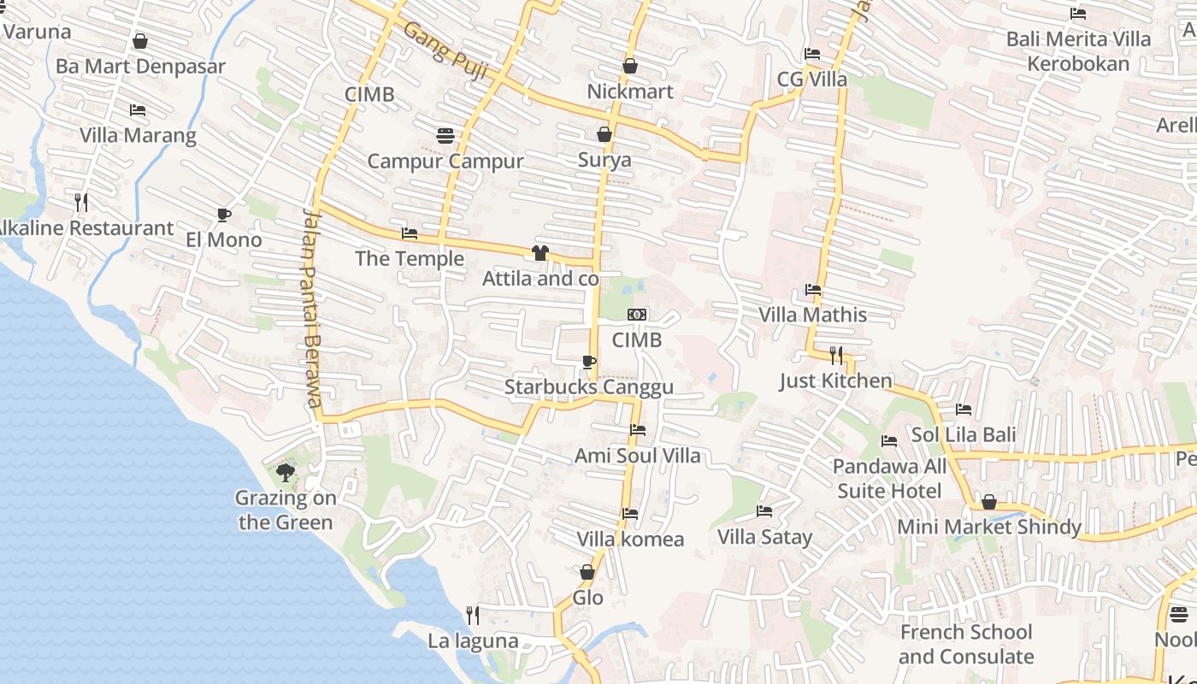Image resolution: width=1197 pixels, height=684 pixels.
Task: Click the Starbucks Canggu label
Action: (588, 387)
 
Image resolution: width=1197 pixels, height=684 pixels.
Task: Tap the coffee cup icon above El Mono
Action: (224, 215)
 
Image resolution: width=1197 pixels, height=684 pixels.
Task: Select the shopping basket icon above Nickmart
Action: (630, 66)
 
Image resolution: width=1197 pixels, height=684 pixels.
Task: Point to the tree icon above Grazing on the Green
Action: (286, 472)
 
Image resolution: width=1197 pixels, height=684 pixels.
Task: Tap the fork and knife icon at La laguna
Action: (472, 615)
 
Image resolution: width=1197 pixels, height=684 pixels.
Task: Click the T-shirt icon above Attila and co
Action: (540, 253)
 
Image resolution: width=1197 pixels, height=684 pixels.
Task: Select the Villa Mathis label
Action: (812, 315)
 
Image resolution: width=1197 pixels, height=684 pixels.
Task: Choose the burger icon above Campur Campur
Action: (445, 135)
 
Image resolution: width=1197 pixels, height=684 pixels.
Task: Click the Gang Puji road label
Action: (445, 50)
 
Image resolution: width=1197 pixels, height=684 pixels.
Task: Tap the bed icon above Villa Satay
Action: (764, 511)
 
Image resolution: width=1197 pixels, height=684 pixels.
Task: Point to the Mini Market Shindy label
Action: (988, 528)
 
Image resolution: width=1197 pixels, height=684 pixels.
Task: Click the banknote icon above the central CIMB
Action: (636, 315)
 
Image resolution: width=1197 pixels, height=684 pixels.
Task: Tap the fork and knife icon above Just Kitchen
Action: (836, 355)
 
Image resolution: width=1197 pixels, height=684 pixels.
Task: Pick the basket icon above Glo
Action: (587, 572)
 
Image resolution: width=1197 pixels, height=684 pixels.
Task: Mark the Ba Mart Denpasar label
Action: (140, 67)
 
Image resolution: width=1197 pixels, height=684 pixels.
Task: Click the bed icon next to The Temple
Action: (410, 233)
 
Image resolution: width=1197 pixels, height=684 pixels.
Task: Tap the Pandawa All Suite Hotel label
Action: (889, 479)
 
